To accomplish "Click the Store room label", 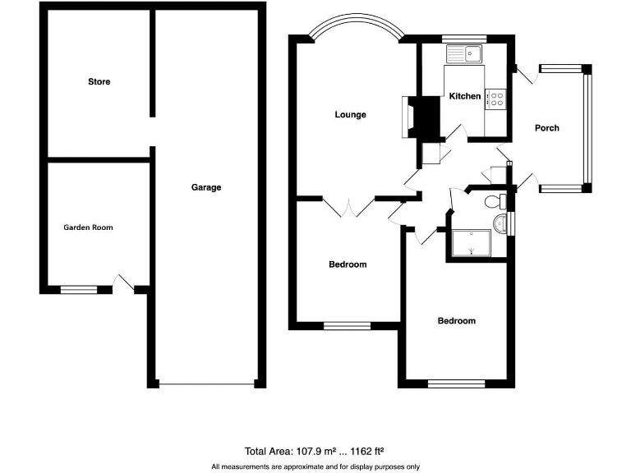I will click(x=99, y=82).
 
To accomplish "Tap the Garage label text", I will click(x=206, y=187).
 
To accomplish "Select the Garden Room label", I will click(x=88, y=227).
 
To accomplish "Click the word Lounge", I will click(x=350, y=115).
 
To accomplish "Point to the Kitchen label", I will click(x=464, y=96).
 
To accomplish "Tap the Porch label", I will click(x=546, y=128).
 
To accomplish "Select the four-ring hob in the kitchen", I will click(x=496, y=99).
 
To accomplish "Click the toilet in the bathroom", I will click(x=495, y=202).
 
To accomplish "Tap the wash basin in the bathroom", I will click(x=504, y=223).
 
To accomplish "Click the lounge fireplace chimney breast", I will click(x=426, y=117).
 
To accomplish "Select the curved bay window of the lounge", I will click(x=357, y=25).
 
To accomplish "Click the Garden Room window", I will click(x=79, y=289).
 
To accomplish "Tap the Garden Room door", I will click(x=123, y=283).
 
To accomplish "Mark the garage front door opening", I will click(x=206, y=384).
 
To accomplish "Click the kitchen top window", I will click(x=463, y=39).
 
